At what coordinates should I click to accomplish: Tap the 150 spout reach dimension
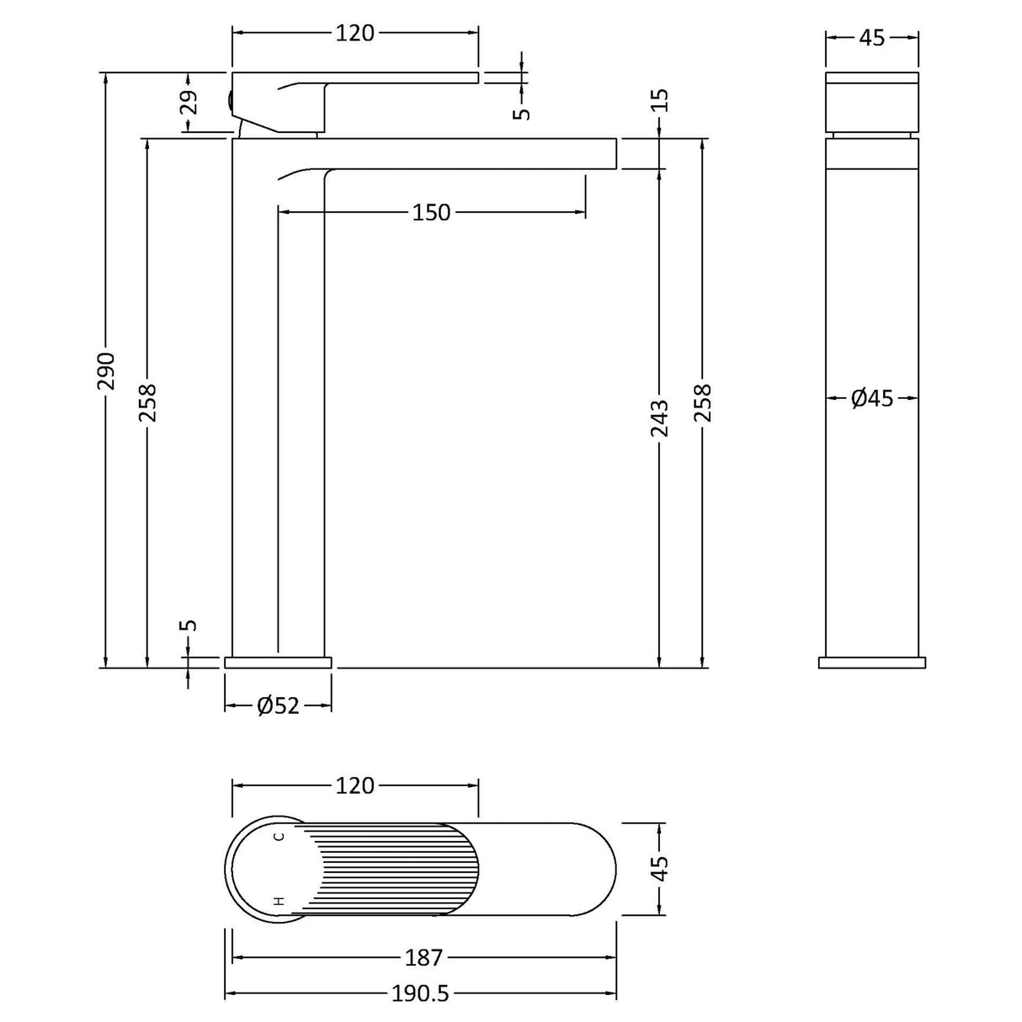point(431,213)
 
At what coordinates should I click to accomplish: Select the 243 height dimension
point(659,419)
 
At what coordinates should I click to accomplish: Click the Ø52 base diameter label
point(278,706)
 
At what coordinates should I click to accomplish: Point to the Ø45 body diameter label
point(872,397)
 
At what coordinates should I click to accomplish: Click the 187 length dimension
point(423,957)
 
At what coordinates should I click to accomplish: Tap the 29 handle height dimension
point(191,103)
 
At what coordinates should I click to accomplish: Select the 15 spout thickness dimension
point(659,100)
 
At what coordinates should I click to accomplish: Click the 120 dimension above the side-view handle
point(354,34)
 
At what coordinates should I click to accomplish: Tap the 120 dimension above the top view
point(354,785)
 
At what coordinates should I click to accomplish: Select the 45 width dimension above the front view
point(872,38)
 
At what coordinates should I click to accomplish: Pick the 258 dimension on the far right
point(702,403)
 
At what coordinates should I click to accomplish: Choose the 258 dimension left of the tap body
point(148,403)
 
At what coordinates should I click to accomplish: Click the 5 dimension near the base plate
point(190,625)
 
